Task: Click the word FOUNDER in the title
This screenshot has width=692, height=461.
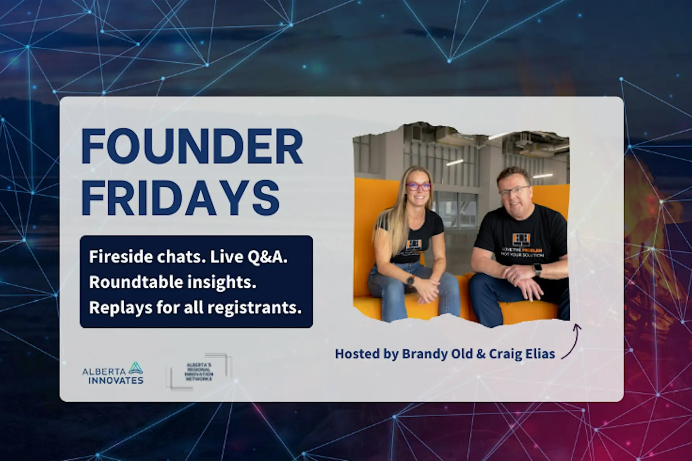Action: click(192, 147)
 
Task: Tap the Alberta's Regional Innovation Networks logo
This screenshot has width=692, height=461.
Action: click(199, 372)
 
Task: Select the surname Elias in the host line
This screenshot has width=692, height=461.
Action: click(540, 354)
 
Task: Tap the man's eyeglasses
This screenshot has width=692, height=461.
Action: click(514, 191)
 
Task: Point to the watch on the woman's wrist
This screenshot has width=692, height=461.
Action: click(410, 280)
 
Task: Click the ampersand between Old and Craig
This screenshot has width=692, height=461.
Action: click(480, 354)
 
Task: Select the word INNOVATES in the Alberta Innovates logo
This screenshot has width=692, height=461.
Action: click(116, 380)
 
